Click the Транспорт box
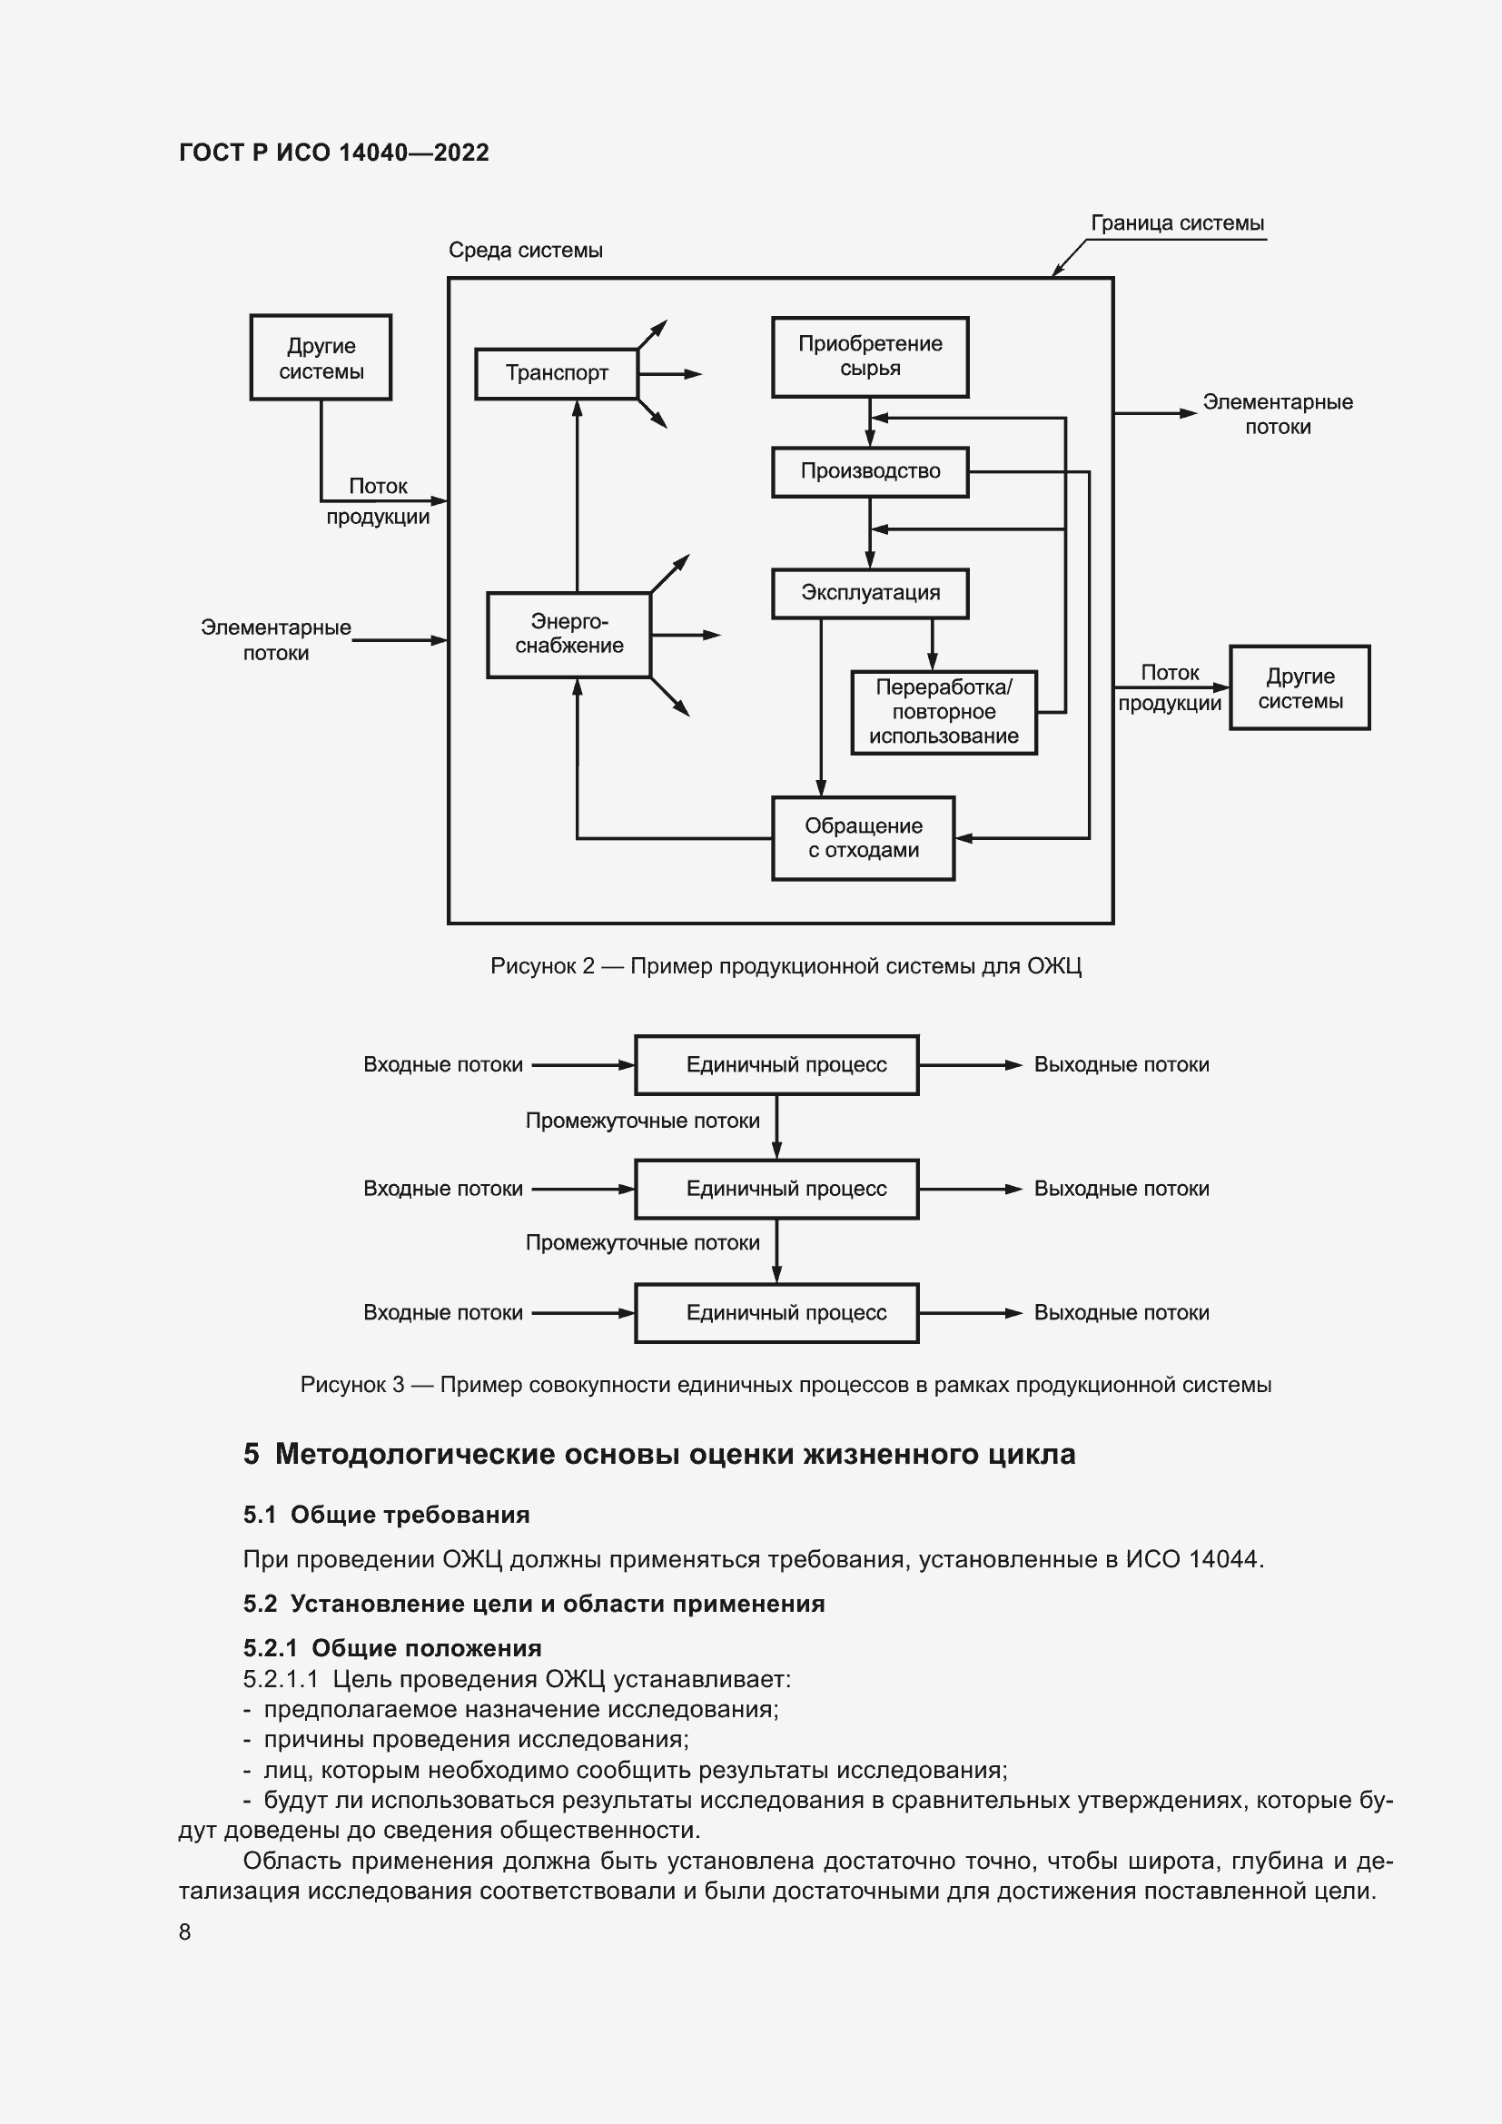tap(556, 374)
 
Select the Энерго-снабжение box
tap(568, 635)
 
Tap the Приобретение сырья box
tap(869, 357)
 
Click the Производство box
tap(869, 472)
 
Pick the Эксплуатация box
tap(869, 593)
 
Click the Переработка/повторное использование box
tap(944, 712)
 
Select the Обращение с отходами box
tap(863, 838)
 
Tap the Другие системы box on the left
tap(321, 358)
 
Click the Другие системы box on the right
tap(1299, 688)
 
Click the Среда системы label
tap(525, 251)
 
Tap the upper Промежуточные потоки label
tap(642, 1121)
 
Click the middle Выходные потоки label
tap(1121, 1189)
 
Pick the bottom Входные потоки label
tap(443, 1313)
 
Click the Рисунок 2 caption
tap(786, 967)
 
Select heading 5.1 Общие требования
tap(387, 1515)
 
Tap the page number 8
tap(185, 1931)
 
